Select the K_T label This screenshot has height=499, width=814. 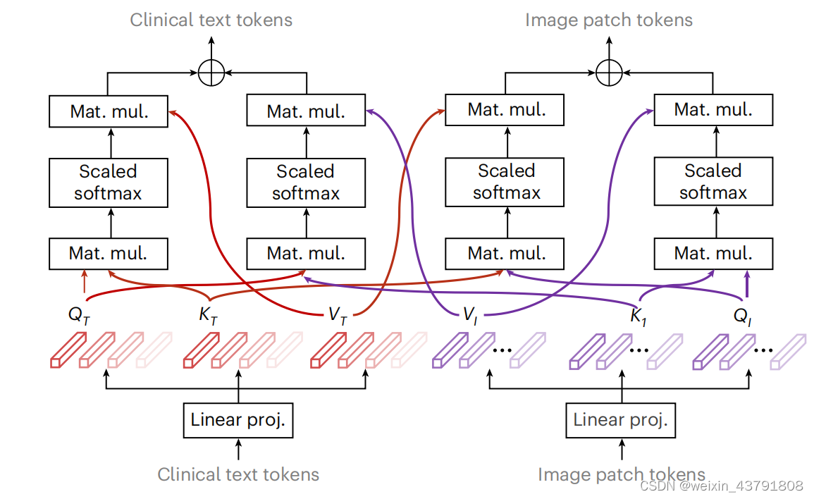[x=208, y=316]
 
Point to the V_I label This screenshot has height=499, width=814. [x=471, y=316]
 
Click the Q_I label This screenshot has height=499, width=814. [x=743, y=316]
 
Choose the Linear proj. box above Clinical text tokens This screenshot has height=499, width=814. [x=238, y=421]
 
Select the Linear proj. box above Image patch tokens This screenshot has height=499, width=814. [x=620, y=421]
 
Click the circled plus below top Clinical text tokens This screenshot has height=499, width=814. [x=210, y=73]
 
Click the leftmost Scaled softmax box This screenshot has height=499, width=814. [x=109, y=182]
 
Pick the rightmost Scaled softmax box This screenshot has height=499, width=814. [x=713, y=182]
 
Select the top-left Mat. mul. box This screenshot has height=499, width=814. [x=109, y=111]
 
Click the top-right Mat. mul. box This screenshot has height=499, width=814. [x=713, y=110]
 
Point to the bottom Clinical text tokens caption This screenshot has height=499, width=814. [x=238, y=474]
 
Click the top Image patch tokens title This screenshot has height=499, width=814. [x=609, y=20]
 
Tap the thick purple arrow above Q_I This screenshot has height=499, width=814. [x=747, y=285]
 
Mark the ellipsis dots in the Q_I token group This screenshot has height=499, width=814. [x=764, y=348]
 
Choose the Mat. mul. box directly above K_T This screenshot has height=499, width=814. [x=306, y=253]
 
